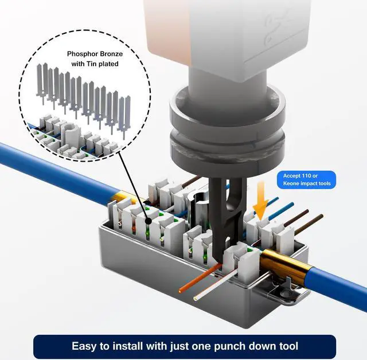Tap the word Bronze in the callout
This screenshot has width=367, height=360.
(x=113, y=53)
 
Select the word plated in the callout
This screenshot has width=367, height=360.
(x=107, y=64)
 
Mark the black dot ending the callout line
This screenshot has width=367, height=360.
(x=150, y=220)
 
